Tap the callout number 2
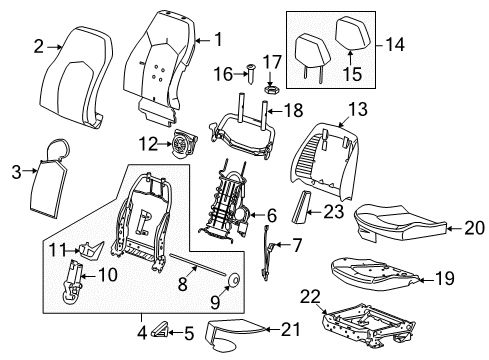[38, 44]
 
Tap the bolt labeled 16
[248, 73]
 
